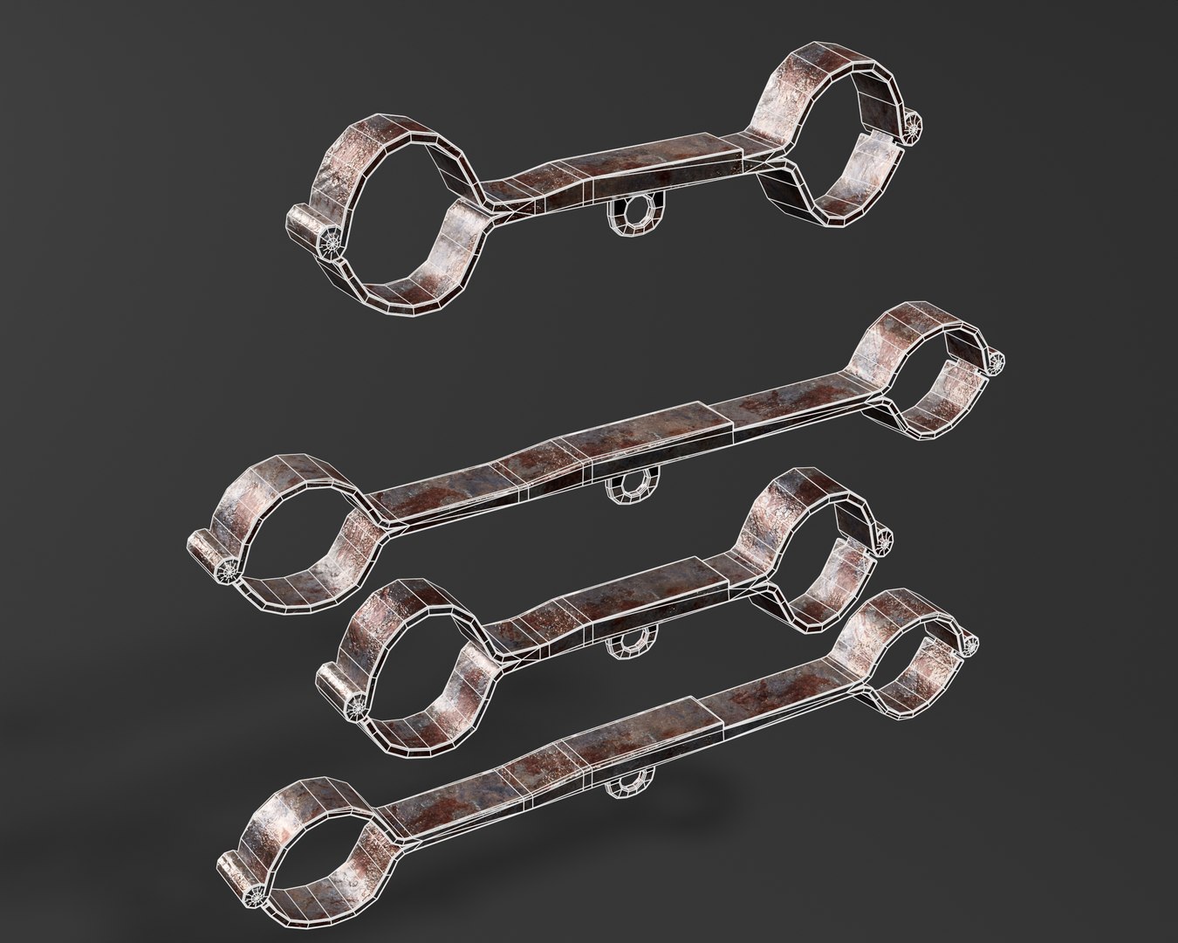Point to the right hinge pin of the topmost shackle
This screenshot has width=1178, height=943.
coord(914,130)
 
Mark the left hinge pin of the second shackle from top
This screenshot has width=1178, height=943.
coord(229,568)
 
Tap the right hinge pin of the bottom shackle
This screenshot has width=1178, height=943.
coord(969,644)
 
